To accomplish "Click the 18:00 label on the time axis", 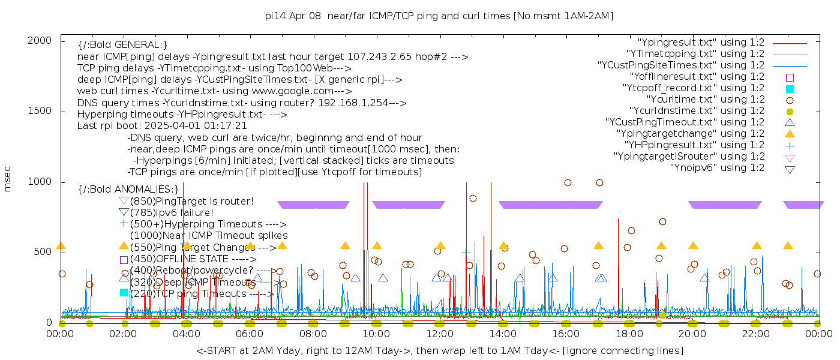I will [x=629, y=334].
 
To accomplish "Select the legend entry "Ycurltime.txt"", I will [x=706, y=100].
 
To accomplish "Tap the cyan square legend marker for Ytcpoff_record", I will [x=790, y=88].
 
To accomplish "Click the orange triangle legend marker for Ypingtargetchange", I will [x=790, y=134].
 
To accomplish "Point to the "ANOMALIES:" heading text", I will [x=146, y=190].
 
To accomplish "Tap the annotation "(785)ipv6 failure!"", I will [x=172, y=212].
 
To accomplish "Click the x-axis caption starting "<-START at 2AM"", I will [x=439, y=350].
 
